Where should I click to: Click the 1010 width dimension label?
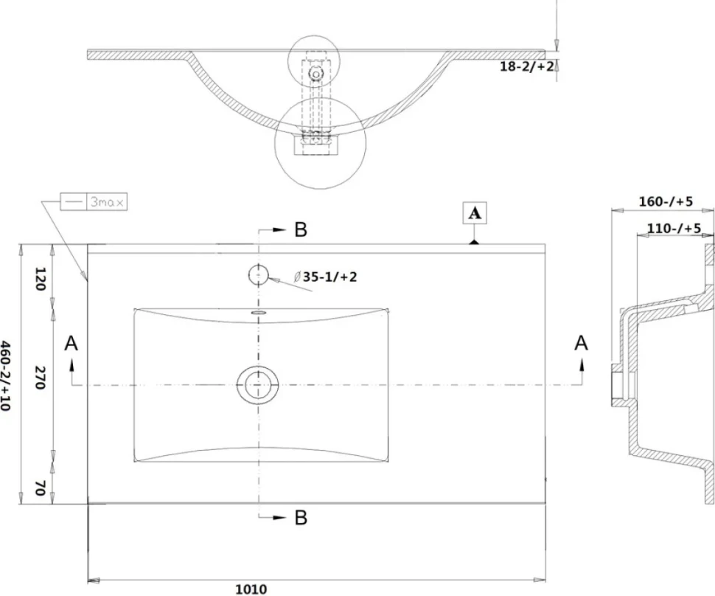(x=251, y=589)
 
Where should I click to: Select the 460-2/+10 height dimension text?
(x=5, y=375)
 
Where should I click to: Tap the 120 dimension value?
(x=40, y=280)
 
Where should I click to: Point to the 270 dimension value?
(x=40, y=378)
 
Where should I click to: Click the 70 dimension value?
(x=40, y=488)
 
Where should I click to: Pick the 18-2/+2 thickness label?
(x=527, y=66)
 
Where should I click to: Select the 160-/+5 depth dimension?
(x=666, y=201)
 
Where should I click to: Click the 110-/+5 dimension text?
(x=674, y=228)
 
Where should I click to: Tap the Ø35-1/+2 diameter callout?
(x=326, y=277)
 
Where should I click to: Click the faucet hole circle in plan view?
(x=258, y=275)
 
